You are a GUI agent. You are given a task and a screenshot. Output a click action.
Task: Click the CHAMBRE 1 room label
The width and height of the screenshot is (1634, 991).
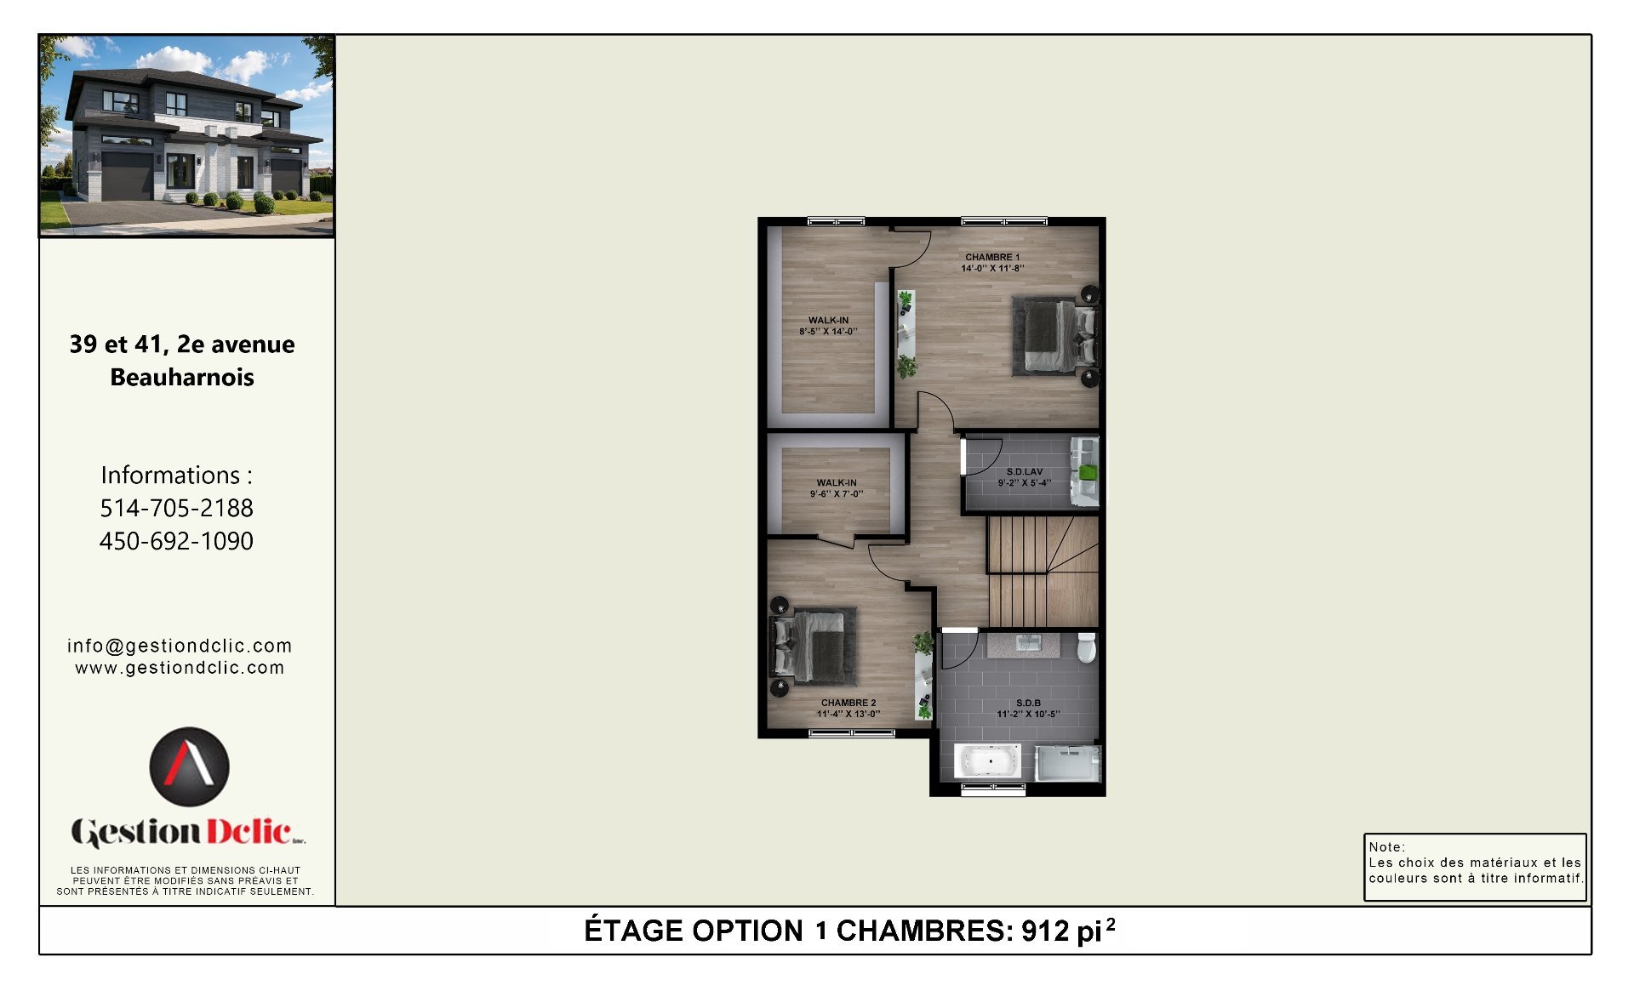point(991,257)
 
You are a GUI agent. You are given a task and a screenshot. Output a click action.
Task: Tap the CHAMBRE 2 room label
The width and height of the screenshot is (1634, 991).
point(848,703)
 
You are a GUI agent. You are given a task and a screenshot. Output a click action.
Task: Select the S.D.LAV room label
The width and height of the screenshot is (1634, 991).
point(1024,471)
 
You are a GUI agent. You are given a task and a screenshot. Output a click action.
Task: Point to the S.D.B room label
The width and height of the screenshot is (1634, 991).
point(1028,703)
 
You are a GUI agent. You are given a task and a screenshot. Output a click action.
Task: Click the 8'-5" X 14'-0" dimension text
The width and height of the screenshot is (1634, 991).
point(828,332)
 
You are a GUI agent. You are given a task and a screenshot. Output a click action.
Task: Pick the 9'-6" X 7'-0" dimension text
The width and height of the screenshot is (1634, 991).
point(837,494)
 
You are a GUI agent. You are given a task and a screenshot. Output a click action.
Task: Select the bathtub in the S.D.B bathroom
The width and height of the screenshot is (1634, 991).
point(987,760)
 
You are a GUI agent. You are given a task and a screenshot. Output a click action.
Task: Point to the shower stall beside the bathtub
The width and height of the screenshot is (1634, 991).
point(1068,763)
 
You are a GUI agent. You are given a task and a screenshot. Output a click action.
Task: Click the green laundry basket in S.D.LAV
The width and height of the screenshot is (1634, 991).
point(1088,472)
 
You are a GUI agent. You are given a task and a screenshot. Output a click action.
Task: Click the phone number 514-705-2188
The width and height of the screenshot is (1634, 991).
point(177,508)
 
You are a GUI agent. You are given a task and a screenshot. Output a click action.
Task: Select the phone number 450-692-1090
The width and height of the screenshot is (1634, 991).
point(177,541)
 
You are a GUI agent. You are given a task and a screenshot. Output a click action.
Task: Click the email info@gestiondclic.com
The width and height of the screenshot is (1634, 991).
point(180,646)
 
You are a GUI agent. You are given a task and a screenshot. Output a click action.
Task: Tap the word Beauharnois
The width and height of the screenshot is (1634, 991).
point(182,377)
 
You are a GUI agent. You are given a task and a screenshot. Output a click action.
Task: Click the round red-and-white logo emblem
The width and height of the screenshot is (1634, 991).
point(189,766)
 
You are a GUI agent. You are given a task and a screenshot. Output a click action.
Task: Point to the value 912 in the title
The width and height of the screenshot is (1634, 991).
point(1045,931)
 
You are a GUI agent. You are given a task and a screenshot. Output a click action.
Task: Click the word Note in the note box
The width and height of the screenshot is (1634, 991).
point(1385,846)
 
